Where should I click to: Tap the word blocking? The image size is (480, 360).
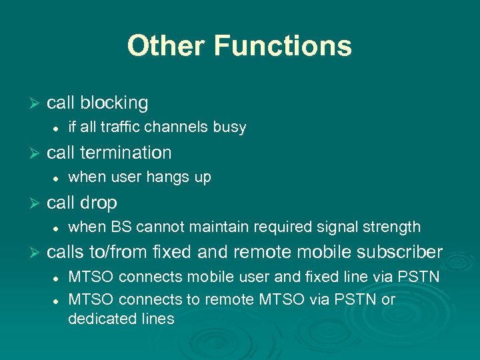point(114,103)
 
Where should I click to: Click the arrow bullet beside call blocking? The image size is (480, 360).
point(36,103)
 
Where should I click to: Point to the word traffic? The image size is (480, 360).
point(124,127)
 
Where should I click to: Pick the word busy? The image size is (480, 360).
point(230,127)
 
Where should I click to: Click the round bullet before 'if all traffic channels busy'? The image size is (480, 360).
point(57,127)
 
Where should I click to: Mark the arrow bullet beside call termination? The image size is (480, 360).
point(36,153)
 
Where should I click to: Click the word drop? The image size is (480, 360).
point(99,203)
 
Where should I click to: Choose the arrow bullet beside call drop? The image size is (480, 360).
point(36,203)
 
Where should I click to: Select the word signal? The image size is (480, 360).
point(341,227)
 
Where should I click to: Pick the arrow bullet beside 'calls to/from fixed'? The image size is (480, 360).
point(36,252)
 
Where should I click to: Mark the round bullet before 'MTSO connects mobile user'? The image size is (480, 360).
point(57,277)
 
